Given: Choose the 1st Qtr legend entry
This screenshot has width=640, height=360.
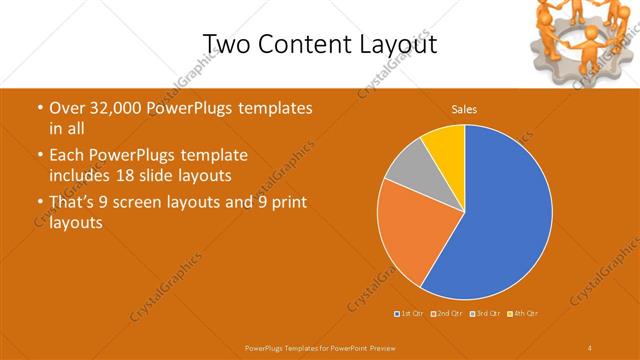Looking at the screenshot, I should [408, 314].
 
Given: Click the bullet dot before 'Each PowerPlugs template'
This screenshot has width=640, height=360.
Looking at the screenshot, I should [39, 156].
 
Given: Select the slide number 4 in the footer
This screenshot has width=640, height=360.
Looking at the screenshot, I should [589, 347].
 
